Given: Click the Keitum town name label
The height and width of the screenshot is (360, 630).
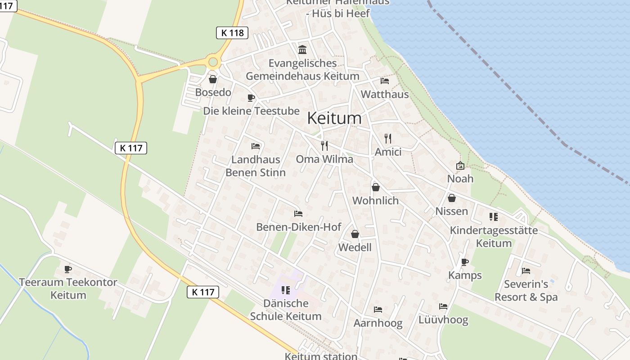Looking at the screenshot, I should tap(334, 118).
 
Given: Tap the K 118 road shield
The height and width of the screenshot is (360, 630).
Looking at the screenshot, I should tap(232, 32).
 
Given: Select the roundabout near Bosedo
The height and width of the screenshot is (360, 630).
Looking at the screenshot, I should tap(213, 62).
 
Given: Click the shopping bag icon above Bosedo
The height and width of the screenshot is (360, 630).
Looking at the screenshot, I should tap(213, 80).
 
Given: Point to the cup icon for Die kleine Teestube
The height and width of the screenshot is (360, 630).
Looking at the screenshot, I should tap(251, 98).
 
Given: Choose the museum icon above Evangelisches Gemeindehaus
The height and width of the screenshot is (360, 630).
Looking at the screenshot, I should tap(302, 49).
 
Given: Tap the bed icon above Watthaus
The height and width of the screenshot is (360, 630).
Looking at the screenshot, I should tap(385, 81).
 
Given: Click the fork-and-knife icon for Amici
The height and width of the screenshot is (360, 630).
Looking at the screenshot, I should tap(388, 138).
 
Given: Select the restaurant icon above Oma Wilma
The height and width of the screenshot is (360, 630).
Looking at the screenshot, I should tap(324, 145).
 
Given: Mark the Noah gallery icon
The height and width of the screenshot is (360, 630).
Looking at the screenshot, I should tap(460, 166).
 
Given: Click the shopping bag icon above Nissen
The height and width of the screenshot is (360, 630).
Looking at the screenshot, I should tap(451, 198).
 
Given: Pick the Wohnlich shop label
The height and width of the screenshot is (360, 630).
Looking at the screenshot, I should tap(376, 200).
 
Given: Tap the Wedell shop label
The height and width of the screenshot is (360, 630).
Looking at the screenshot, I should tap(355, 247).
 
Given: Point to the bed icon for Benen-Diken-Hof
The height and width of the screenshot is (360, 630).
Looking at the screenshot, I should tap(298, 214).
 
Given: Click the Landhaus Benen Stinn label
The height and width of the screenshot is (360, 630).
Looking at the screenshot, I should tap(256, 166).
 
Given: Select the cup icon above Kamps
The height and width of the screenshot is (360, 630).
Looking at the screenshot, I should tap(465, 262).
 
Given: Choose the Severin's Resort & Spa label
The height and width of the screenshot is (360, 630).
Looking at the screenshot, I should tap(526, 291).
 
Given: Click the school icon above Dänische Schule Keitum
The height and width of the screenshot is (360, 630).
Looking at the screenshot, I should tap(285, 290).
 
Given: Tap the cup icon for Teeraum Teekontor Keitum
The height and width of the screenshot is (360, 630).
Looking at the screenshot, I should tap(68, 269).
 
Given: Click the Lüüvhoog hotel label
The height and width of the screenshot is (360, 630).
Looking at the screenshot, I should tap(443, 320).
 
